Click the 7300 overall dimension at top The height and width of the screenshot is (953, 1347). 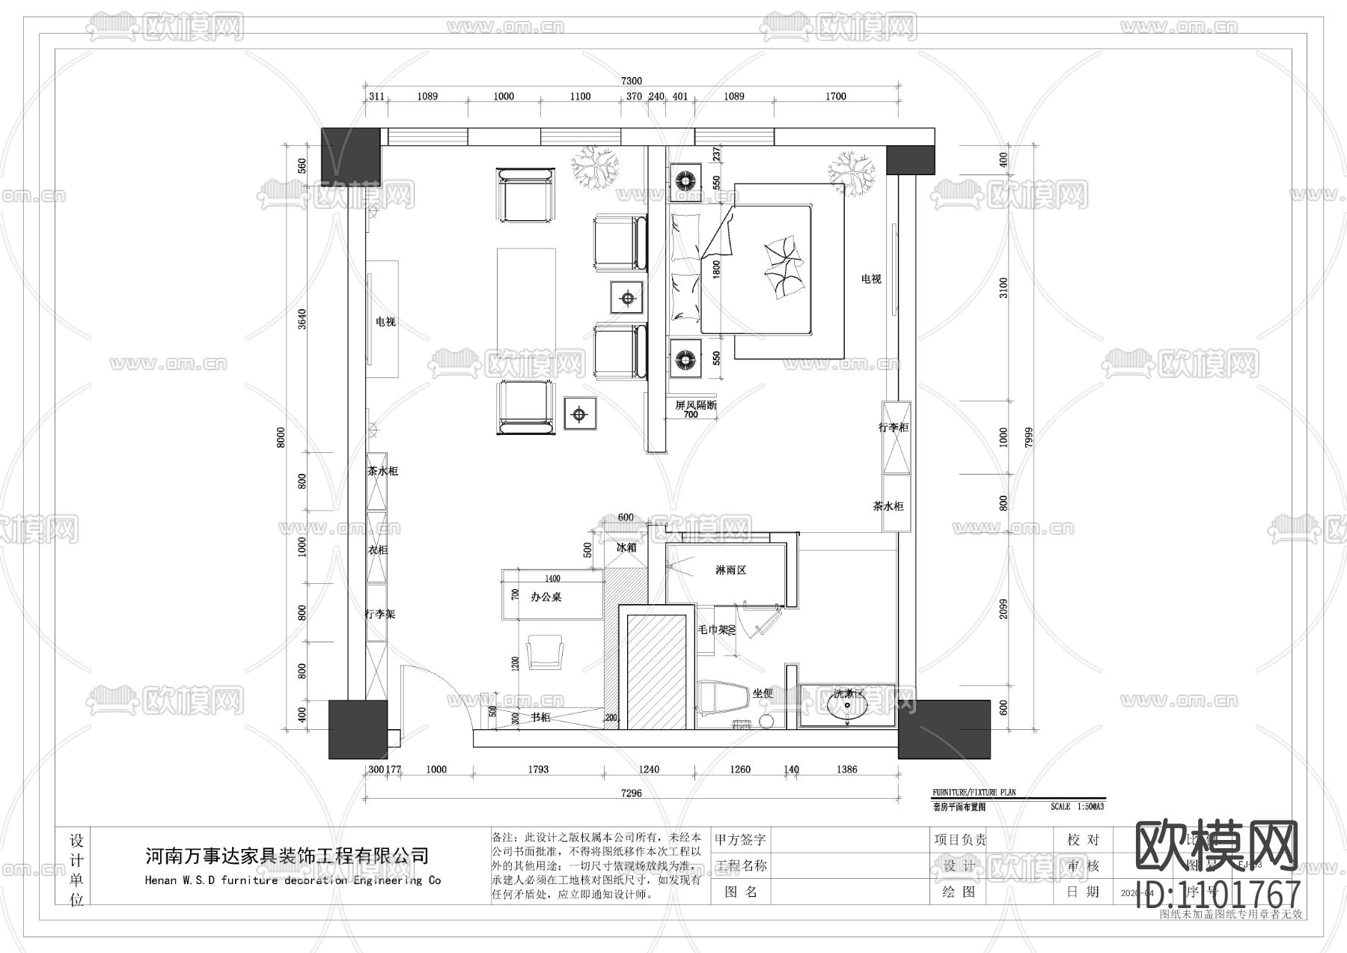point(632,81)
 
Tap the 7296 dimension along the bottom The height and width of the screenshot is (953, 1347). point(632,793)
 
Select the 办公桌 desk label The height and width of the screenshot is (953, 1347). point(546,597)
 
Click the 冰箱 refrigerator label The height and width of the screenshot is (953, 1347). point(626,547)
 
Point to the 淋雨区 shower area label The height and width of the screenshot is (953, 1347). point(730,570)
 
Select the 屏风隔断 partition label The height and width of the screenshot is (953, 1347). point(695,405)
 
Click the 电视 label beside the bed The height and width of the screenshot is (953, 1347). point(870,278)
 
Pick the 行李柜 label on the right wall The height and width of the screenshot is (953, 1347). point(894,427)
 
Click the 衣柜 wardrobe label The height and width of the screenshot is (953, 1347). point(378,549)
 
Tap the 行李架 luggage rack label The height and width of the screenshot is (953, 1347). point(379,614)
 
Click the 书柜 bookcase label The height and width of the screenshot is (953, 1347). point(540,717)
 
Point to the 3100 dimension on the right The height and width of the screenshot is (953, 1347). point(1004,287)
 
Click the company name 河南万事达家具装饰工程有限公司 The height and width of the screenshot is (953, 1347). point(287,856)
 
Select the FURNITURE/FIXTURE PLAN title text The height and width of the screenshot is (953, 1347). point(974,792)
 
